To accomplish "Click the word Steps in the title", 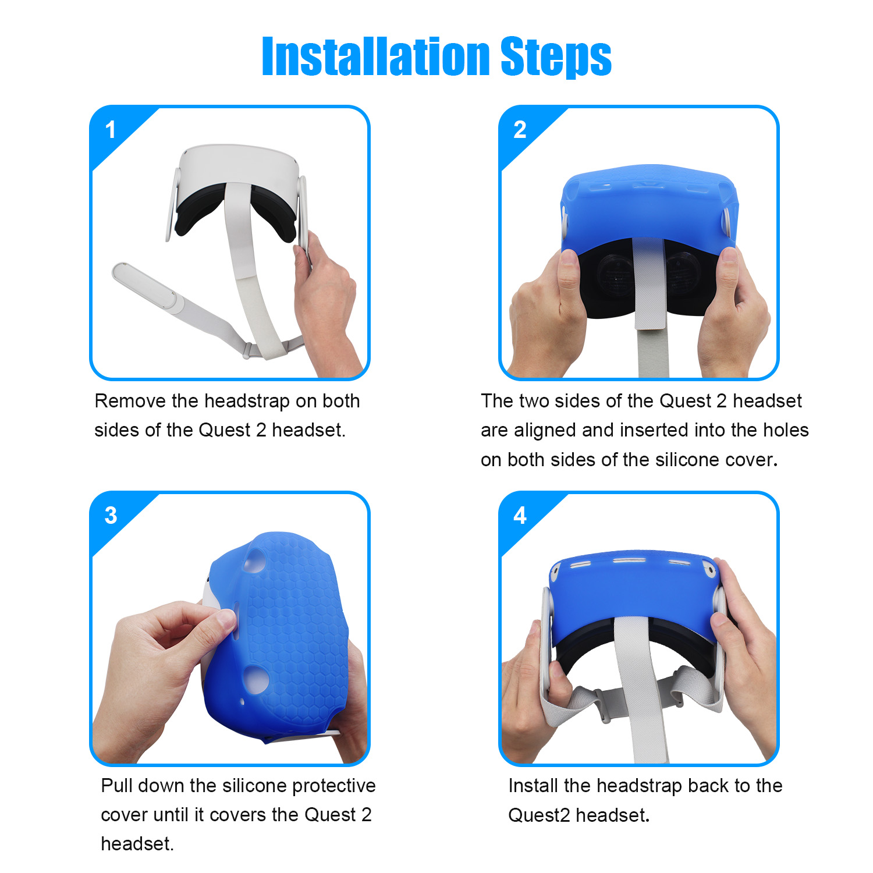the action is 556,57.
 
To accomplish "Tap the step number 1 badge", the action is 111,130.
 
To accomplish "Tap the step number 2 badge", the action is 520,130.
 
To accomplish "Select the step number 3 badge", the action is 111,516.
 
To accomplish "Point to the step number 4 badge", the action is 520,516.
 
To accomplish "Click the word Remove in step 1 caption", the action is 130,401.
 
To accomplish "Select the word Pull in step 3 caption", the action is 116,786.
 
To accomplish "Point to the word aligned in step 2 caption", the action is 545,431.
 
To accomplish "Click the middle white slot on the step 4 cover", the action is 630,561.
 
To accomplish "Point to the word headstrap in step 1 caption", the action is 247,402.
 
